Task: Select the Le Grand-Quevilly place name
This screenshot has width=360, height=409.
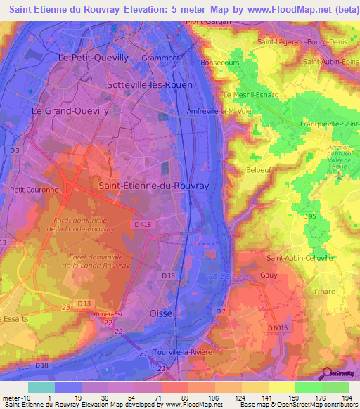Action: coord(70,111)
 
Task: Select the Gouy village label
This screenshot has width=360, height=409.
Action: coord(269,277)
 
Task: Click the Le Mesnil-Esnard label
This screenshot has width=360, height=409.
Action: coord(251,95)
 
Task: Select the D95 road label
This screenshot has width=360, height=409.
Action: coord(309,217)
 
